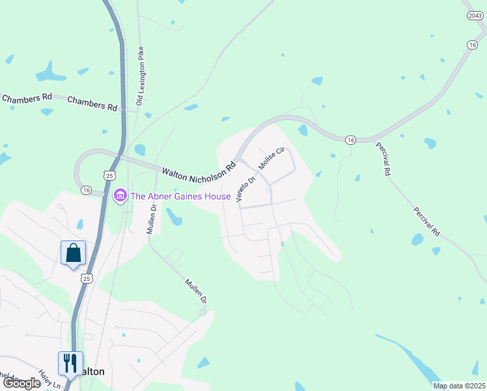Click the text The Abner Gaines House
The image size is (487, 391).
pyautogui.click(x=180, y=196)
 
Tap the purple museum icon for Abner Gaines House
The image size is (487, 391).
pyautogui.click(x=120, y=195)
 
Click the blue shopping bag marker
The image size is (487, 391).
pyautogui.click(x=73, y=253)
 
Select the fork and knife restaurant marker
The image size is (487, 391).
pyautogui.click(x=70, y=362)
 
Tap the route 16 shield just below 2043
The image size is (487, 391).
pyautogui.click(x=473, y=44)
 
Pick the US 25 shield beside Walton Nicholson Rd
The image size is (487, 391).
pyautogui.click(x=109, y=175)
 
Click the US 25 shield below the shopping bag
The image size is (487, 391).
pyautogui.click(x=87, y=278)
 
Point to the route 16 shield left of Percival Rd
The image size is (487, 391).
pyautogui.click(x=351, y=140)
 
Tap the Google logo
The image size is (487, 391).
pyautogui.click(x=21, y=383)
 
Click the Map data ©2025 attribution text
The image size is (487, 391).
pyautogui.click(x=459, y=386)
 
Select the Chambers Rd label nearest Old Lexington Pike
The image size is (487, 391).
pyautogui.click(x=92, y=103)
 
